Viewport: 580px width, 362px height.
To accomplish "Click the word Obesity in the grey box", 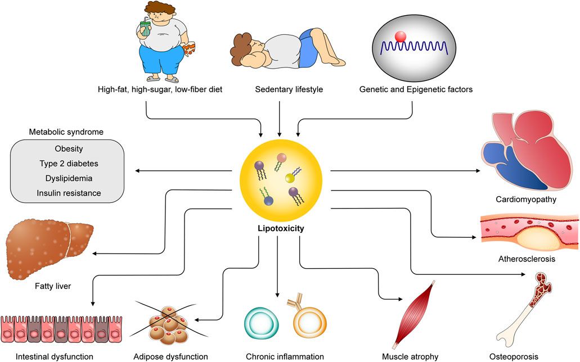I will [x=69, y=149].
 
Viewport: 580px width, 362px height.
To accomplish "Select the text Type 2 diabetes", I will [x=69, y=164].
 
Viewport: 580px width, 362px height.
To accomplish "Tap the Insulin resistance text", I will [x=69, y=193].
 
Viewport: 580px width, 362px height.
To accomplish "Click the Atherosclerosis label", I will [x=527, y=259].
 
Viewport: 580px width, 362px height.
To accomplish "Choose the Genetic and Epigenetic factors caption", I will [x=416, y=89].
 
